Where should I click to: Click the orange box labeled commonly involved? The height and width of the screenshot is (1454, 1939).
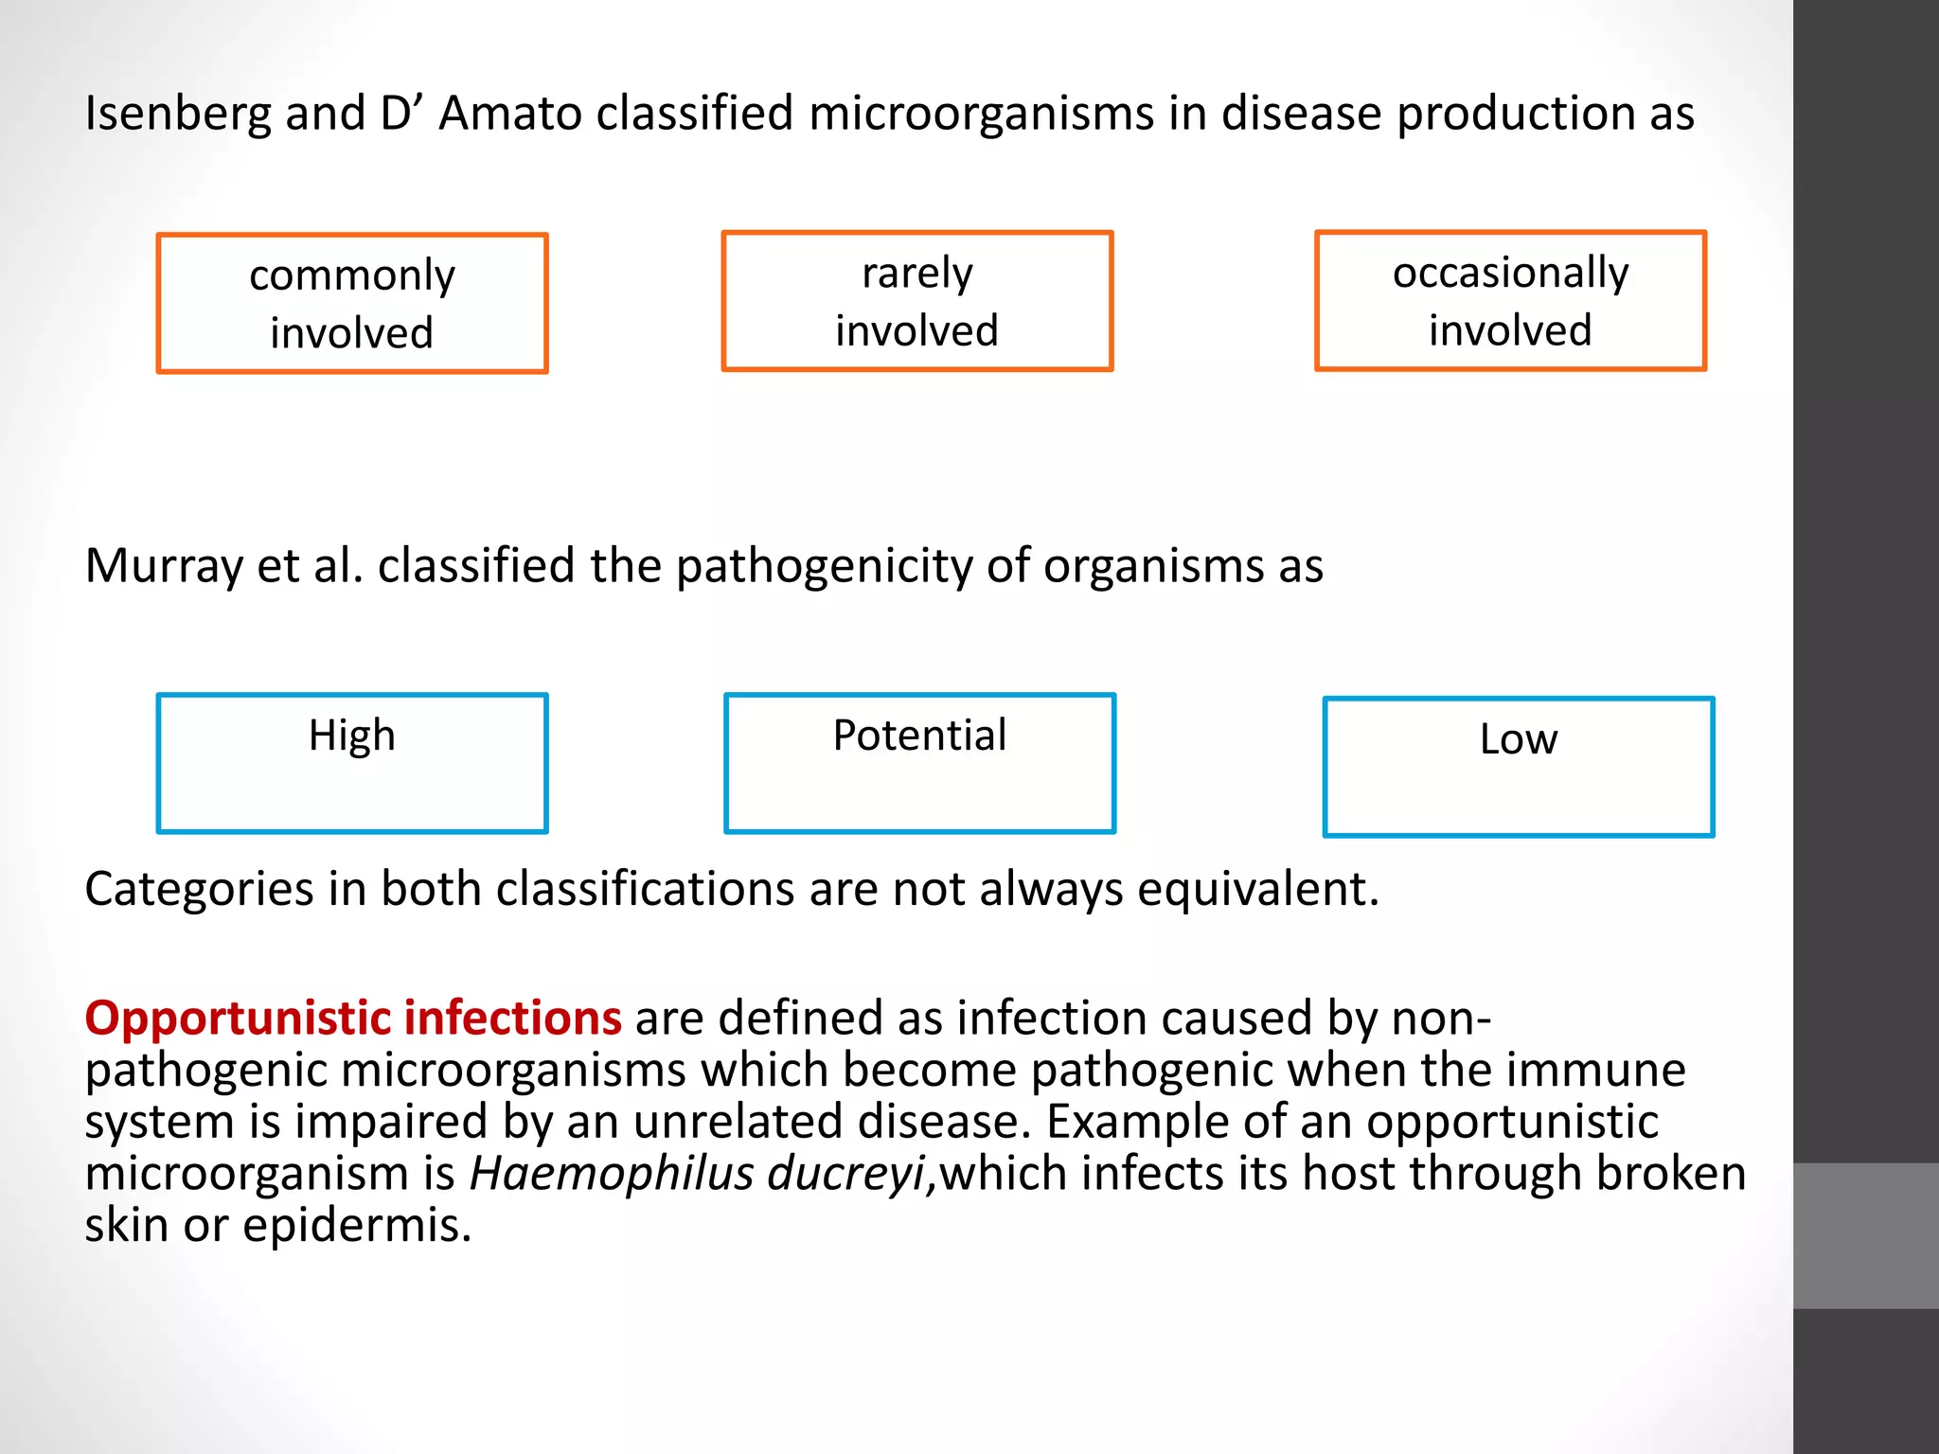coord(352,303)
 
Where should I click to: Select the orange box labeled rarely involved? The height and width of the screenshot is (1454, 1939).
coord(916,301)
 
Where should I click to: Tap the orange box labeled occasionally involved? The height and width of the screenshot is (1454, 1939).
coord(1510,300)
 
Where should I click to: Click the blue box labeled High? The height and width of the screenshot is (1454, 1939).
coord(352,763)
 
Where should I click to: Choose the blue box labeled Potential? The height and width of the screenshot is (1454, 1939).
coord(919,763)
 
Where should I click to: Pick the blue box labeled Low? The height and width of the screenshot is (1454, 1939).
coord(1518,767)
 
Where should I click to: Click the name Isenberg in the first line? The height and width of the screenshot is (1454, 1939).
coord(177,114)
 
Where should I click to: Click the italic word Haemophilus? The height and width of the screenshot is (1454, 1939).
coord(612,1174)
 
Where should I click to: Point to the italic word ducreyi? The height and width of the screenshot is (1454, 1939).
coord(845,1174)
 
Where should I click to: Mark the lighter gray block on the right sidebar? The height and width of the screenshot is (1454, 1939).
coord(1865,1235)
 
